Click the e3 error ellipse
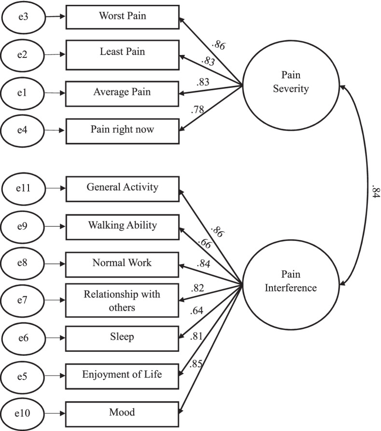[22, 16]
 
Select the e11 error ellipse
[22, 188]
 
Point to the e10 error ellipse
[22, 413]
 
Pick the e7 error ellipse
[22, 300]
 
